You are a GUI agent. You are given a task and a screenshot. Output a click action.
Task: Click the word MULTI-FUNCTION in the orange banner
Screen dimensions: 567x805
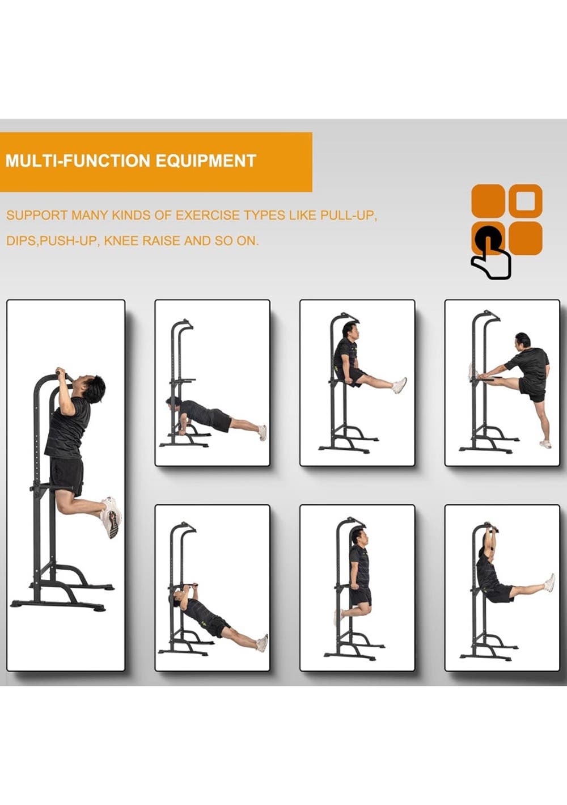(80, 161)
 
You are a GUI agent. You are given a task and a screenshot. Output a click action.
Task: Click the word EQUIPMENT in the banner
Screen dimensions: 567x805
(206, 161)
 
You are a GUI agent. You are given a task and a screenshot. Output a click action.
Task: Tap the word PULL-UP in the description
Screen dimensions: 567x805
(348, 215)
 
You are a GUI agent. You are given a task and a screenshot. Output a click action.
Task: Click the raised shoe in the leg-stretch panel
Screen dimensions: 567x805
(471, 372)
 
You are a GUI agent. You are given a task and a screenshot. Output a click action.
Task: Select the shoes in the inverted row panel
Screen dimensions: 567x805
(263, 642)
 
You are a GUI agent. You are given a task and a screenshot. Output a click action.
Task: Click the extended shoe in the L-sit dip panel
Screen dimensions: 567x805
(400, 385)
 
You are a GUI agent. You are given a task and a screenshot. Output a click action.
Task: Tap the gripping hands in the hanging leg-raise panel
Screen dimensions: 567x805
(490, 529)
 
